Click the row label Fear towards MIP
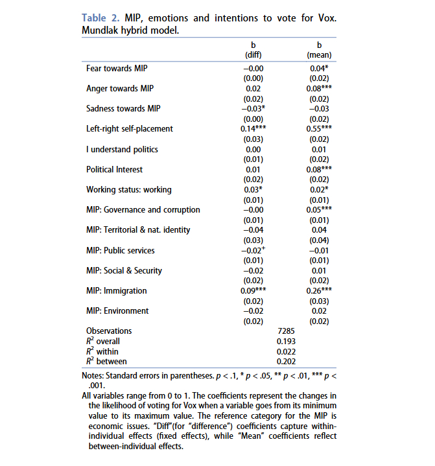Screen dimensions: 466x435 (x=116, y=67)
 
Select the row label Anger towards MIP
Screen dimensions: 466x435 (x=119, y=88)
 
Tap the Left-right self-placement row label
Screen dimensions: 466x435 (x=130, y=128)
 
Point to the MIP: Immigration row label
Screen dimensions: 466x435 (x=116, y=291)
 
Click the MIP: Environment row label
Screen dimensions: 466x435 (x=117, y=311)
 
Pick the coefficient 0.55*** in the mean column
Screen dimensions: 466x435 (x=318, y=128)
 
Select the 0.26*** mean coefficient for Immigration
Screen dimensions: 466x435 (x=318, y=291)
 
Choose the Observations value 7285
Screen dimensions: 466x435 (x=287, y=331)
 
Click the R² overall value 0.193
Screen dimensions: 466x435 (x=287, y=341)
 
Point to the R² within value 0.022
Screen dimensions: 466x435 (x=287, y=351)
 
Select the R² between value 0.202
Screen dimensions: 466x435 (x=287, y=361)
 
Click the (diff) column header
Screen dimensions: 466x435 (x=253, y=55)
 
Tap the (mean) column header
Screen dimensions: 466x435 (x=318, y=55)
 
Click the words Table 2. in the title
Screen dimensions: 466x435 (x=100, y=17)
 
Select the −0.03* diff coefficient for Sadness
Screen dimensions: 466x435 (x=253, y=108)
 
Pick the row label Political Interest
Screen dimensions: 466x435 (x=115, y=169)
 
